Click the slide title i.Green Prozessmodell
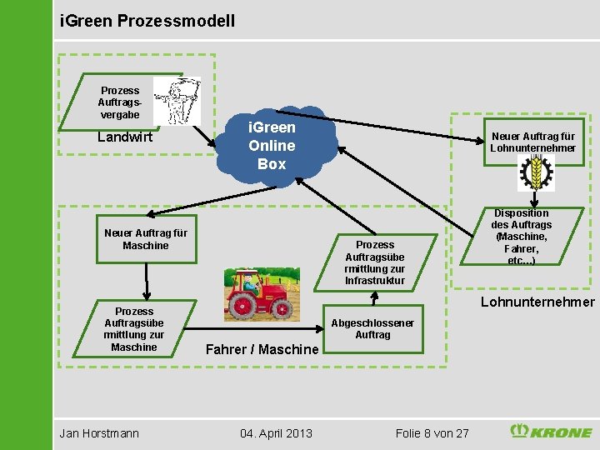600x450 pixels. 148,19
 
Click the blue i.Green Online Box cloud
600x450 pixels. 272,146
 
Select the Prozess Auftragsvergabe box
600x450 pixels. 120,102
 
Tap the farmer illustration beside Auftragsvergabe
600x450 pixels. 177,101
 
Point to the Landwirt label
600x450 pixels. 125,137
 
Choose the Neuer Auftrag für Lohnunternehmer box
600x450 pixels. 532,142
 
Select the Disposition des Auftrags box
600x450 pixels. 522,237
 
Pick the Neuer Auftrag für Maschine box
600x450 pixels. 145,239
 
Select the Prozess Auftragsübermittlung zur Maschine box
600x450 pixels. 133,329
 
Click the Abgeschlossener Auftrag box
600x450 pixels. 372,328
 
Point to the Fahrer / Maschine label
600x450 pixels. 262,349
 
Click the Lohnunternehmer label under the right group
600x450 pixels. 537,302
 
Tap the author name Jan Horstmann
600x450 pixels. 99,432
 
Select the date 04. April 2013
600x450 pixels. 276,432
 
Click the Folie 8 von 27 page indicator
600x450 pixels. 432,432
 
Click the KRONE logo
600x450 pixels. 551,432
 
